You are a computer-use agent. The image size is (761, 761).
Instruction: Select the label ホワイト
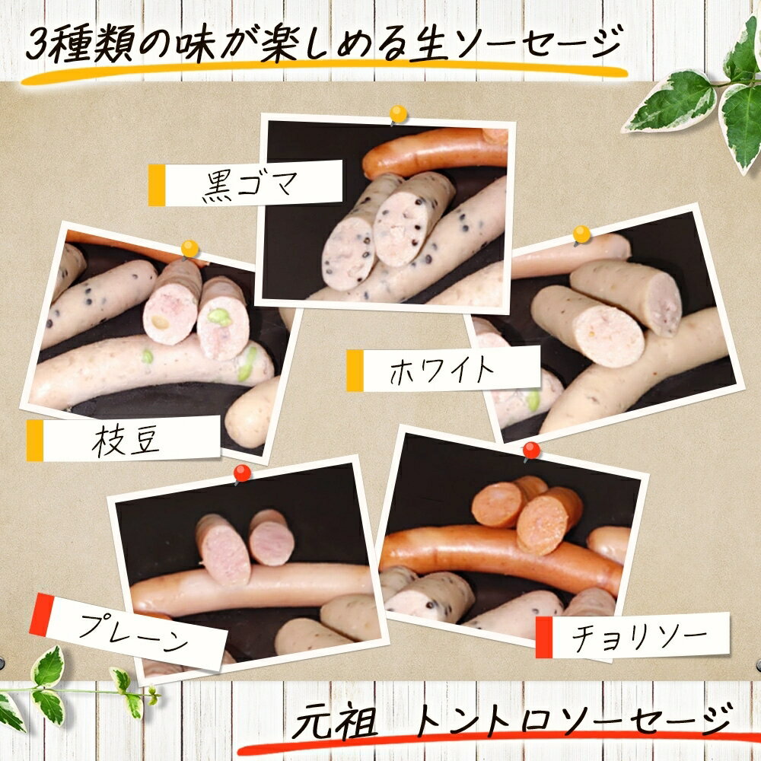click(441, 370)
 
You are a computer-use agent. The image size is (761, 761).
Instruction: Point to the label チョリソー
click(639, 637)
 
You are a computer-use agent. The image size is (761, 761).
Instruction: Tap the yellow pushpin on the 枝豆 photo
click(189, 250)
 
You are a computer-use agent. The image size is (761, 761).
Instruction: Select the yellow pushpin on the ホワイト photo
click(581, 235)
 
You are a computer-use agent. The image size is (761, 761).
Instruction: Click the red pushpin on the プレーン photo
click(241, 473)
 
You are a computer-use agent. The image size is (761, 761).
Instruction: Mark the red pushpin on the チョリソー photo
click(531, 451)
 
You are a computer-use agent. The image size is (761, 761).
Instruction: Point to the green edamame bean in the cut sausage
click(219, 317)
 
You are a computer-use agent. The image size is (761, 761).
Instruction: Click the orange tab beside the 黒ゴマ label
click(157, 186)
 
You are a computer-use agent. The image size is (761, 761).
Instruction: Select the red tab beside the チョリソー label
click(543, 637)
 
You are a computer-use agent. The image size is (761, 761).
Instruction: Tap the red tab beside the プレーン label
click(42, 614)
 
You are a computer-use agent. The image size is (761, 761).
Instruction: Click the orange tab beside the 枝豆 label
click(35, 440)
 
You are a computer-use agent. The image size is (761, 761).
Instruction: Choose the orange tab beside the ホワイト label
click(355, 371)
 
